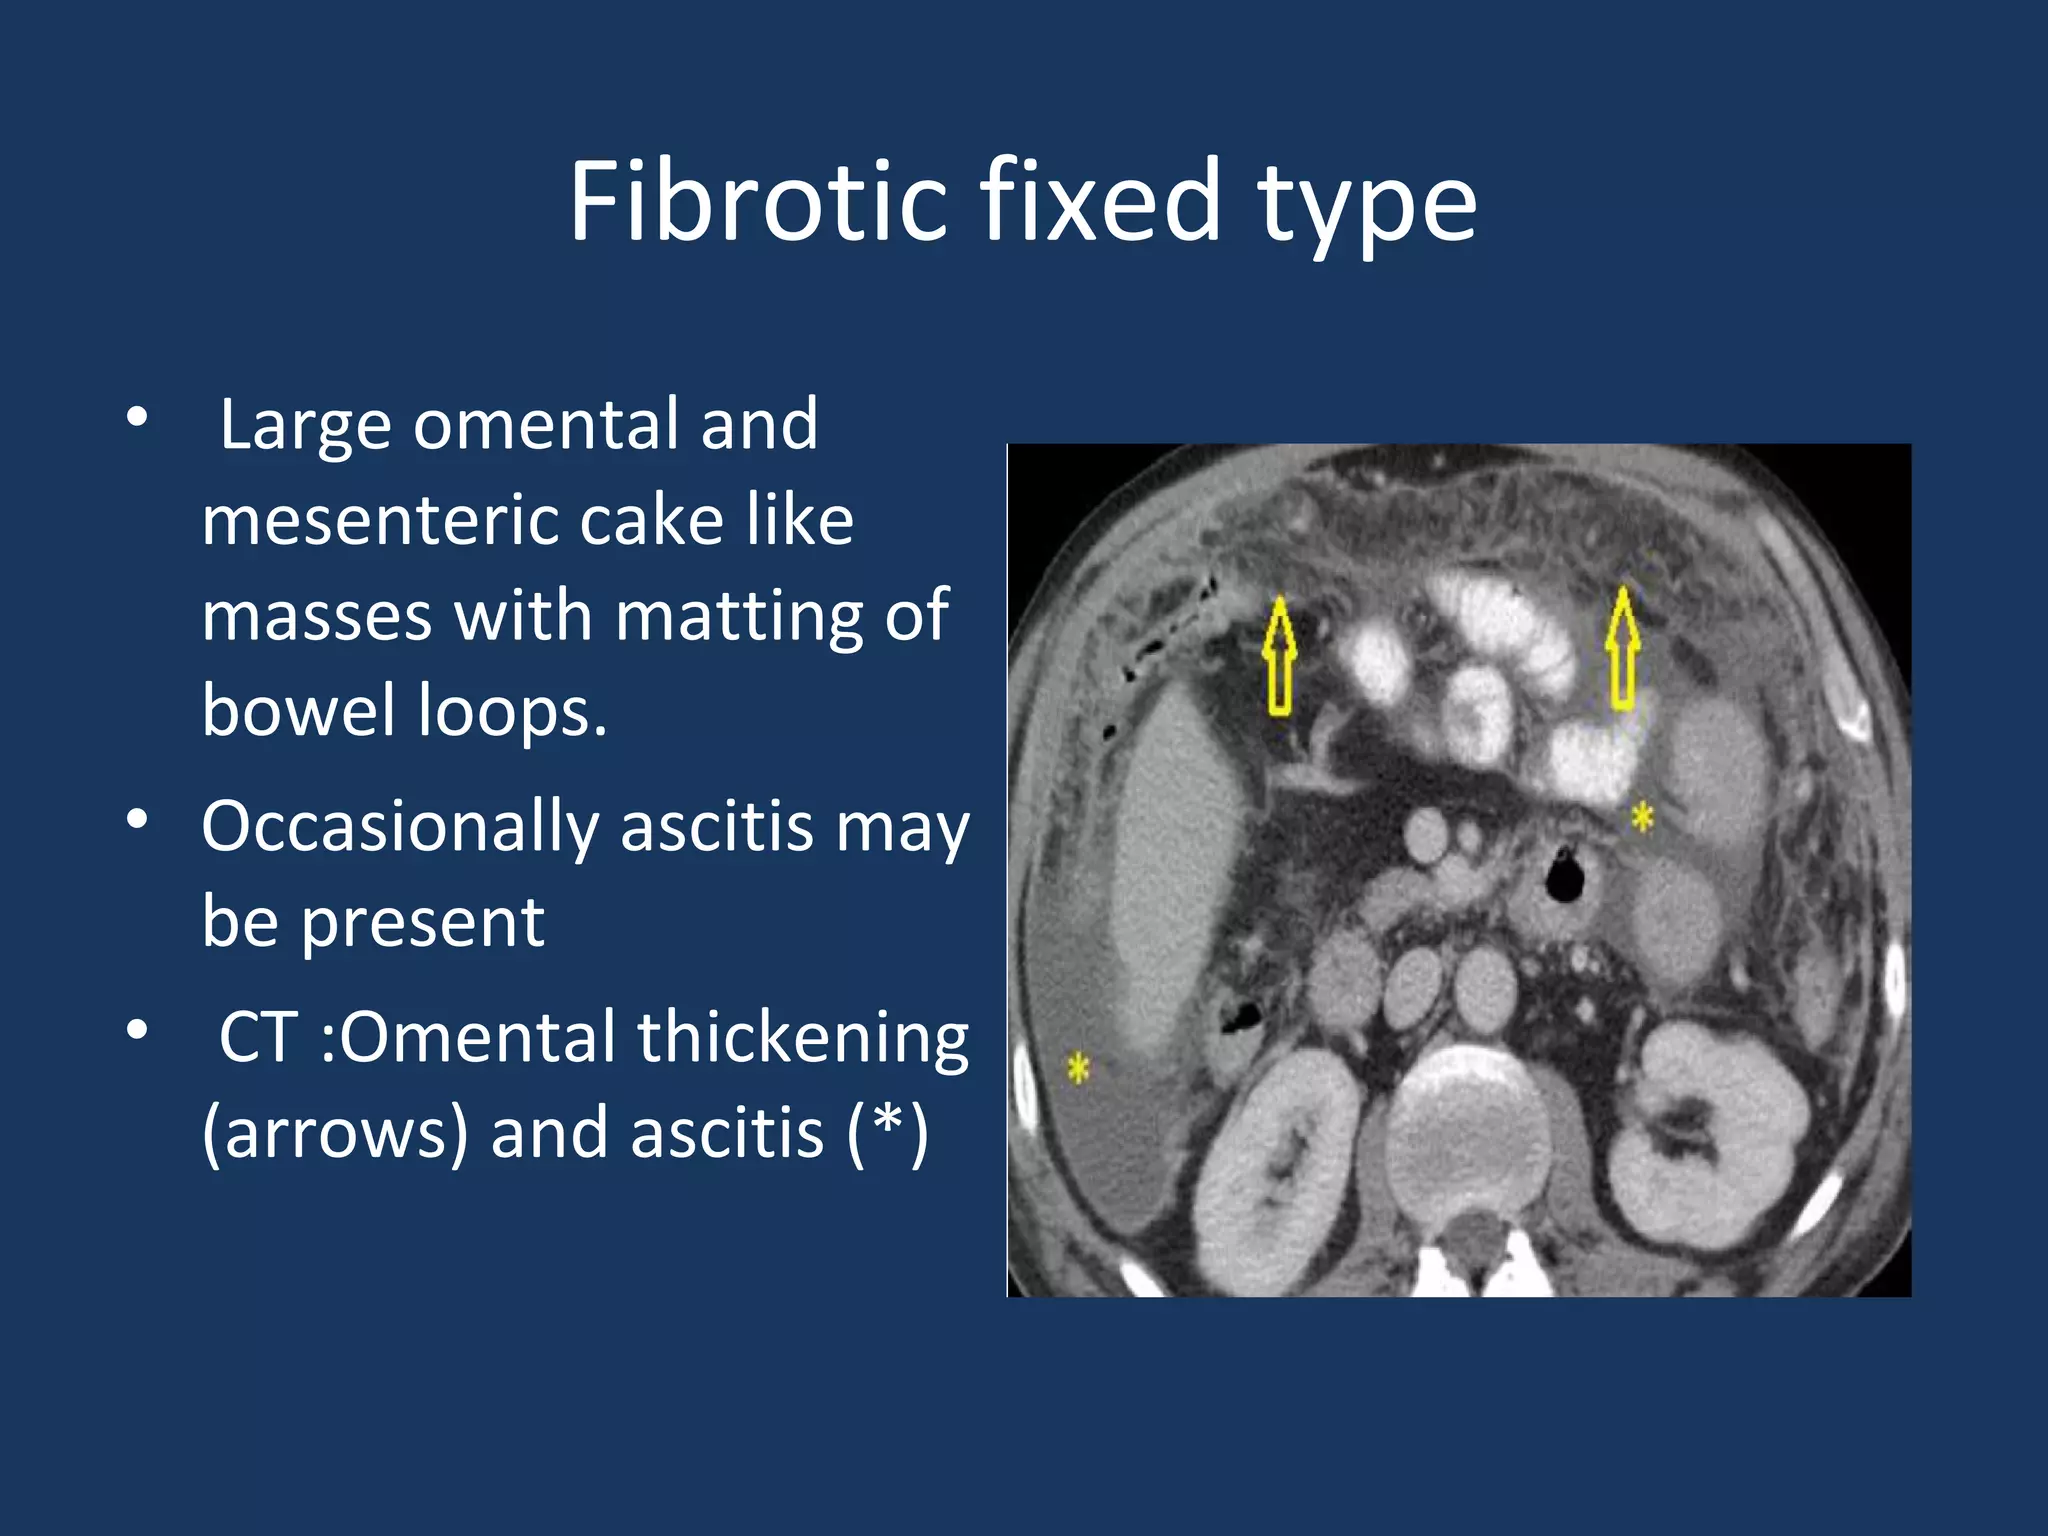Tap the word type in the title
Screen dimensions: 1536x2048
click(1366, 205)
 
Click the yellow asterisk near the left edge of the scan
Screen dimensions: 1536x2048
click(1077, 1068)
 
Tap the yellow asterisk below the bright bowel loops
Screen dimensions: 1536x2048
click(1642, 817)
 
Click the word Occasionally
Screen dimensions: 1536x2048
click(399, 827)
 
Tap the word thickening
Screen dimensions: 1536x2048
click(803, 1037)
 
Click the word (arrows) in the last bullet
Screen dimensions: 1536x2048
click(335, 1133)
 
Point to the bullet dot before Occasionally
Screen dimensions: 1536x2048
click(138, 820)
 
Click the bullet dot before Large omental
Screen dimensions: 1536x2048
click(138, 416)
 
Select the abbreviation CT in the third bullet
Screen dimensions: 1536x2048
click(258, 1037)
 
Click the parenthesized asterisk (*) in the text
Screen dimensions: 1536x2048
click(888, 1133)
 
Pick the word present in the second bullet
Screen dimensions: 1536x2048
click(422, 922)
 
